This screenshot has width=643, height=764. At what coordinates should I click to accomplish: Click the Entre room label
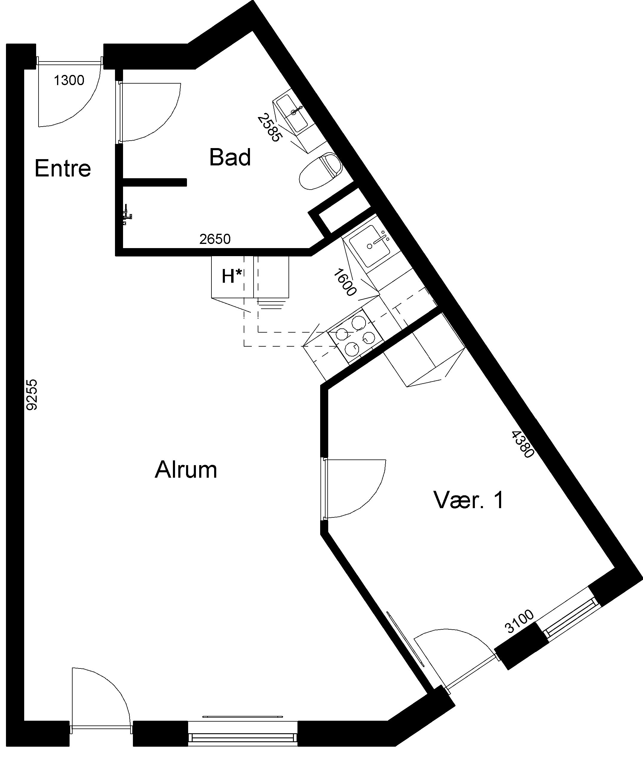63,168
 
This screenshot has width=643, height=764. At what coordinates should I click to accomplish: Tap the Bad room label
230,157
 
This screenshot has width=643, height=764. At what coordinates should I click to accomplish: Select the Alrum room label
186,470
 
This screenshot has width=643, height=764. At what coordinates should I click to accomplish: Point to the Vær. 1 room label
469,500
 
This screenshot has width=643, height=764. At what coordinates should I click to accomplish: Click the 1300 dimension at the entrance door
69,80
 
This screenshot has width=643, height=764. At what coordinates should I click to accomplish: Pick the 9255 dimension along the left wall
32,395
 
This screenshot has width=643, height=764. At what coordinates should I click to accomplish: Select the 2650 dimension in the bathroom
215,239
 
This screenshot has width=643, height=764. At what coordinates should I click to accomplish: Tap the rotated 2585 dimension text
270,127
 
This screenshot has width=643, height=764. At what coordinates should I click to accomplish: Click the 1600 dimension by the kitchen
344,282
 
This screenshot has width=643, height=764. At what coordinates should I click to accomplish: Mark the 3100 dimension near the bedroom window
519,622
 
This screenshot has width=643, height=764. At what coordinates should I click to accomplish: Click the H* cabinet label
232,276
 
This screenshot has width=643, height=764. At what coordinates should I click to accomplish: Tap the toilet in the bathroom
321,171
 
